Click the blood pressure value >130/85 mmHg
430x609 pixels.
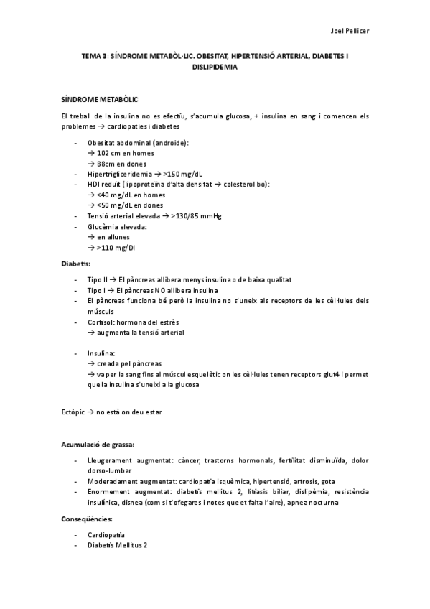click(195, 215)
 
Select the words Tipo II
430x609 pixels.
click(97, 279)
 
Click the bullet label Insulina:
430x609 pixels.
click(101, 354)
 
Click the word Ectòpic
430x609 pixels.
click(73, 411)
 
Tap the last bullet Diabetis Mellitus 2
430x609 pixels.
click(117, 546)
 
